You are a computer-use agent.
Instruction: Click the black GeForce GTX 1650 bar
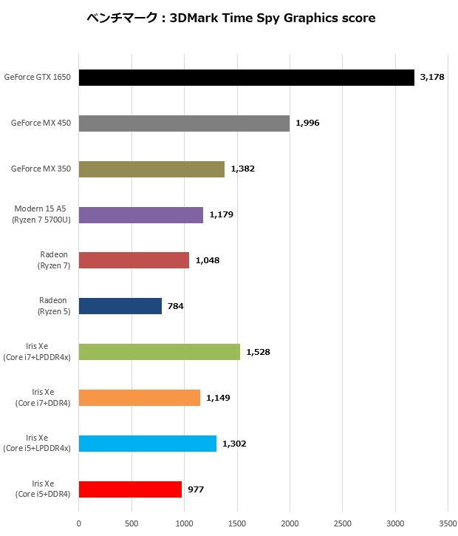click(246, 78)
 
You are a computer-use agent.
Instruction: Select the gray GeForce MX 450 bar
click(184, 123)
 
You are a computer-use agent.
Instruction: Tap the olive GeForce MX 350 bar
click(151, 169)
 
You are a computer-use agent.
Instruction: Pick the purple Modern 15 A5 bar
click(140, 215)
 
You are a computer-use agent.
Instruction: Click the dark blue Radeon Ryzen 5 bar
click(120, 306)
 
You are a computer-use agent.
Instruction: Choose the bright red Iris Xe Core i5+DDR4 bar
click(130, 489)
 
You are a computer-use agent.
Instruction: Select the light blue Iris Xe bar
click(147, 444)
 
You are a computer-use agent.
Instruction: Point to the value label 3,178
click(431, 77)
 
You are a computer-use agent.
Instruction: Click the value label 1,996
click(307, 123)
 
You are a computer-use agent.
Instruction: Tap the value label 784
click(175, 306)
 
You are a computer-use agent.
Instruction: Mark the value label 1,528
click(258, 352)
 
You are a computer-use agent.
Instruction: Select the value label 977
click(196, 489)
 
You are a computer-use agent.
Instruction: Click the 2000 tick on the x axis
click(290, 521)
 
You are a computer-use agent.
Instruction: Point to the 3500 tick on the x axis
click(448, 521)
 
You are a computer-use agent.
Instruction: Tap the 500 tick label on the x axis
click(131, 521)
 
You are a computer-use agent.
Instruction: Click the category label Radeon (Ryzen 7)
click(55, 259)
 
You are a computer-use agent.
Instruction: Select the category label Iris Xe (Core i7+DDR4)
click(42, 397)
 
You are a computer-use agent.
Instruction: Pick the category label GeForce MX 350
click(41, 169)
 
